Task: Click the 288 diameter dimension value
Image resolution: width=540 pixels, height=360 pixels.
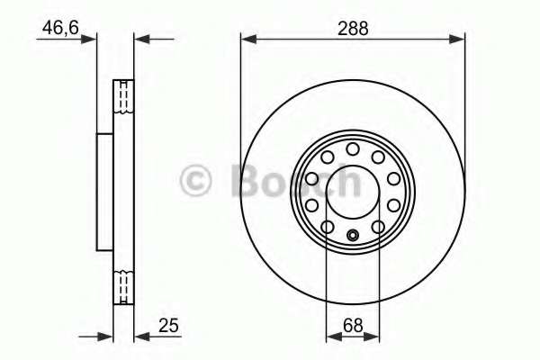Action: pyautogui.click(x=352, y=28)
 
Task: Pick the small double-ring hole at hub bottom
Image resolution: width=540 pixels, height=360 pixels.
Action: pyautogui.click(x=353, y=238)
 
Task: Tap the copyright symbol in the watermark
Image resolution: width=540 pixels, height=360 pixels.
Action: pyautogui.click(x=195, y=180)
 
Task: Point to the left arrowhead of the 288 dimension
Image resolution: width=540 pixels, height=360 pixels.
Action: pyautogui.click(x=246, y=39)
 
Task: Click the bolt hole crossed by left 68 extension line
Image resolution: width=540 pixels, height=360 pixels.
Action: pyautogui.click(x=328, y=226)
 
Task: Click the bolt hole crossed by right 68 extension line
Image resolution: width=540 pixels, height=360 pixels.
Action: pyautogui.click(x=378, y=226)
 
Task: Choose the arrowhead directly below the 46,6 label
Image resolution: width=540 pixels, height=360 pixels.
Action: pyautogui.click(x=90, y=39)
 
